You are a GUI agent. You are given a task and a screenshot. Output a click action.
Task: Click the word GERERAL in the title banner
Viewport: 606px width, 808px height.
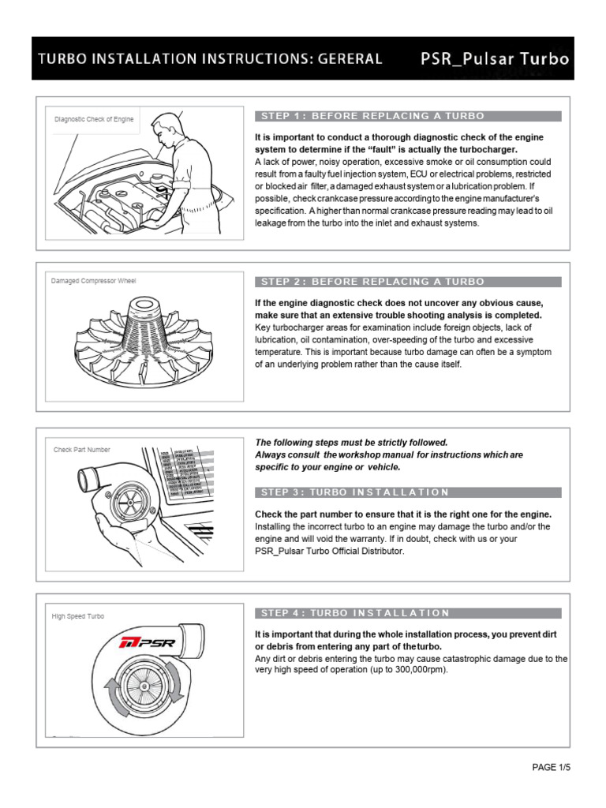pyautogui.click(x=346, y=58)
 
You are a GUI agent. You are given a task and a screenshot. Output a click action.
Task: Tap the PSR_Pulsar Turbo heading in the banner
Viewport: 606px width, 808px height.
pyautogui.click(x=492, y=58)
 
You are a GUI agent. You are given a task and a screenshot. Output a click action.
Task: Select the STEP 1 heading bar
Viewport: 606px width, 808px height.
pyautogui.click(x=407, y=116)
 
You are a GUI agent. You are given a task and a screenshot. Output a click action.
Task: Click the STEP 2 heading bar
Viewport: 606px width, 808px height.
pyautogui.click(x=407, y=282)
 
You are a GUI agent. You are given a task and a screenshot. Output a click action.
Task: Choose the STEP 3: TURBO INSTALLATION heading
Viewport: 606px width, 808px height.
pyautogui.click(x=407, y=492)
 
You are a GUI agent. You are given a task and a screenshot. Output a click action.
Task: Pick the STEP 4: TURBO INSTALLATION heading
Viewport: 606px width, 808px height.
pyautogui.click(x=407, y=613)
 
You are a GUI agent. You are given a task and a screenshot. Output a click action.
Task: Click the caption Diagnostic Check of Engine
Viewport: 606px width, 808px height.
pyautogui.click(x=94, y=120)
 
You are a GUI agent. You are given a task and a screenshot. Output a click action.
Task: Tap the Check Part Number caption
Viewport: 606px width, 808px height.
pyautogui.click(x=82, y=450)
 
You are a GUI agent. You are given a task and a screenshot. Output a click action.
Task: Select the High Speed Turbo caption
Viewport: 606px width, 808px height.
pyautogui.click(x=79, y=616)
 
